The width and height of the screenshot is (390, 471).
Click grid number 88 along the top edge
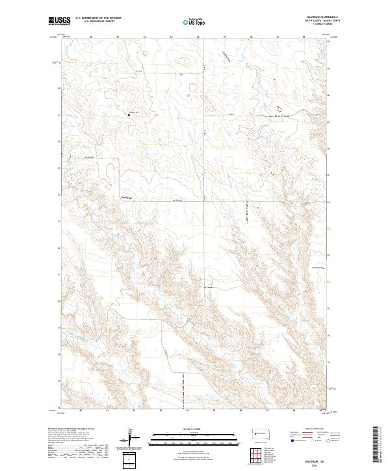(304, 37)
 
